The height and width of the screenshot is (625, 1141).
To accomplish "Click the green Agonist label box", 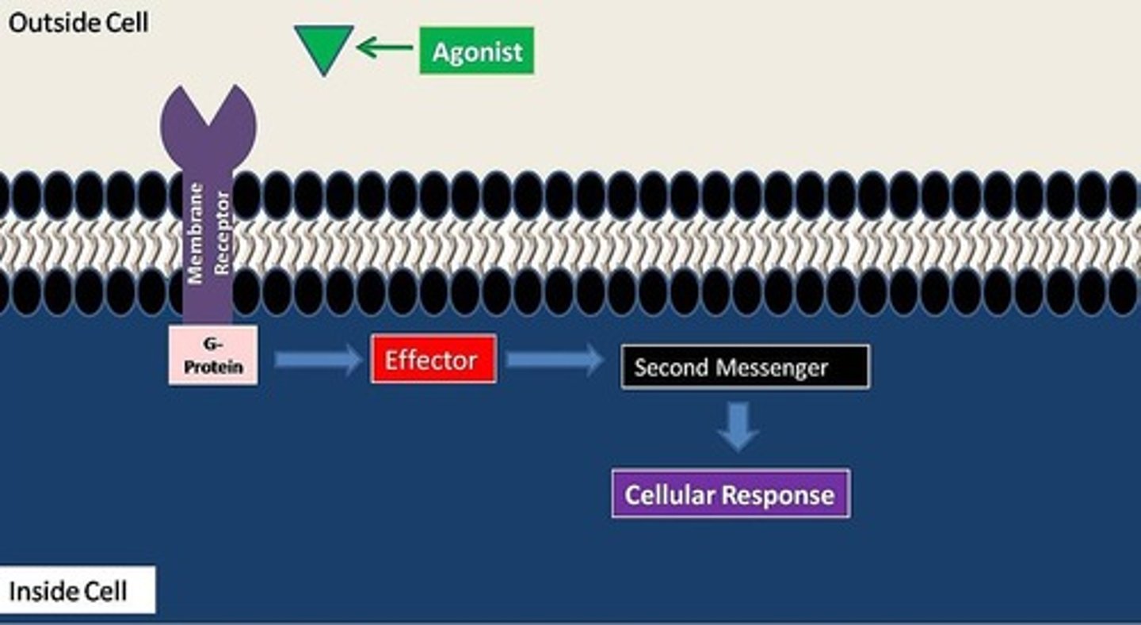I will tap(476, 51).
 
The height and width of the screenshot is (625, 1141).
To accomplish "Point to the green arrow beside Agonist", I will tap(385, 48).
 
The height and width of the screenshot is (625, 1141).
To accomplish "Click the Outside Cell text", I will tap(78, 22).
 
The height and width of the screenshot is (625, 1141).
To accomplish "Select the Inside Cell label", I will tap(68, 591).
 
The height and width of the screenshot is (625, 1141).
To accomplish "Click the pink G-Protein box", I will tap(212, 356).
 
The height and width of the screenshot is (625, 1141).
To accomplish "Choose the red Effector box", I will tap(433, 360).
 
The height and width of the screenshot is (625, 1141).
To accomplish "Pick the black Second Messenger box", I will tap(745, 368).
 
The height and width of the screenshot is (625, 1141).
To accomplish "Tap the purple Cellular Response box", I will tap(730, 494).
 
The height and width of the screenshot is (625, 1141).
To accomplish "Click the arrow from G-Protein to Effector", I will tap(318, 360).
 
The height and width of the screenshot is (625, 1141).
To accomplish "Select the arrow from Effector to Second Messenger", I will tap(554, 360).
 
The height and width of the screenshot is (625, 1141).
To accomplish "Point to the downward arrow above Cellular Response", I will tap(738, 427).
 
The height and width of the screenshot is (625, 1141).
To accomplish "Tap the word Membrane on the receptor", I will tap(196, 233).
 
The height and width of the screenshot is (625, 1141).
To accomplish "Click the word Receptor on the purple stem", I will tap(222, 233).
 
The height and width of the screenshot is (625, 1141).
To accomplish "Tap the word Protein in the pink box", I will tap(213, 368).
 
